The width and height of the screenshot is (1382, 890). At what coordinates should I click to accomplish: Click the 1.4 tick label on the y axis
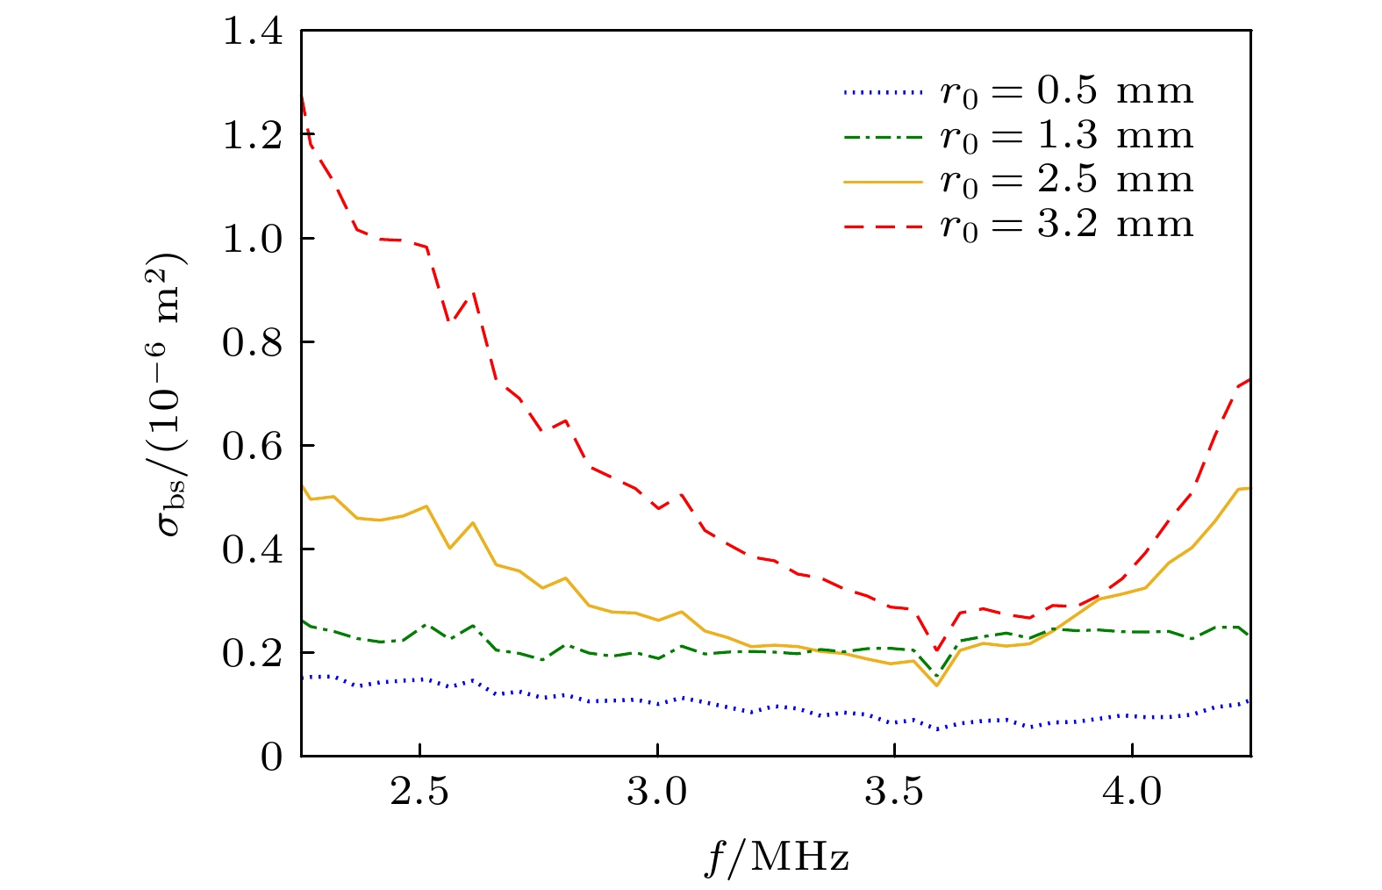click(x=252, y=32)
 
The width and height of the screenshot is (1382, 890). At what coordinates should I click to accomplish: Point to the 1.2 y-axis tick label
click(x=252, y=136)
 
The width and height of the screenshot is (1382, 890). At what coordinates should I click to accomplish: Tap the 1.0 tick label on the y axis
click(x=252, y=240)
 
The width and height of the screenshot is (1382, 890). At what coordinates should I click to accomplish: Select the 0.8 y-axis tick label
click(x=252, y=343)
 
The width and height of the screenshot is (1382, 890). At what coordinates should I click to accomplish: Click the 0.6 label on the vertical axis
click(x=252, y=447)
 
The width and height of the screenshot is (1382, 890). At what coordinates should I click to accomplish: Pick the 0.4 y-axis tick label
click(x=252, y=550)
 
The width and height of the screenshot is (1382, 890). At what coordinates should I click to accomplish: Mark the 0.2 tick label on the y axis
click(x=252, y=654)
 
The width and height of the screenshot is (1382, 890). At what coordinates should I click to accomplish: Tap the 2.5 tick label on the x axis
click(x=420, y=792)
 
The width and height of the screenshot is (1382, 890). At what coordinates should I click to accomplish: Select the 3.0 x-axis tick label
click(x=657, y=792)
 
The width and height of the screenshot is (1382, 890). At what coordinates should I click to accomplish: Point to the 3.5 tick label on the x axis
click(x=894, y=792)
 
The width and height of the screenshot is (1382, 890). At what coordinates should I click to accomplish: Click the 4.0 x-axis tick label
click(x=1131, y=792)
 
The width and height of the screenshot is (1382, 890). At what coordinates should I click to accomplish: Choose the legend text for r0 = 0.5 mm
click(x=1066, y=91)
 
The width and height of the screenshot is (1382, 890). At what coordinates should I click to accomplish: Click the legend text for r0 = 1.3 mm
click(x=1066, y=136)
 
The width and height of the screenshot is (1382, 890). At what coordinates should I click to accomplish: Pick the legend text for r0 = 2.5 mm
click(x=1066, y=181)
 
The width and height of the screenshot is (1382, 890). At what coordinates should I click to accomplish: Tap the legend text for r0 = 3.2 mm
click(x=1066, y=226)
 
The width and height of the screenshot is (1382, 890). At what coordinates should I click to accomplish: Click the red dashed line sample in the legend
click(x=884, y=226)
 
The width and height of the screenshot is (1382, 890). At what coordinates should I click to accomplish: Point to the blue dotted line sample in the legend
click(x=884, y=91)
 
